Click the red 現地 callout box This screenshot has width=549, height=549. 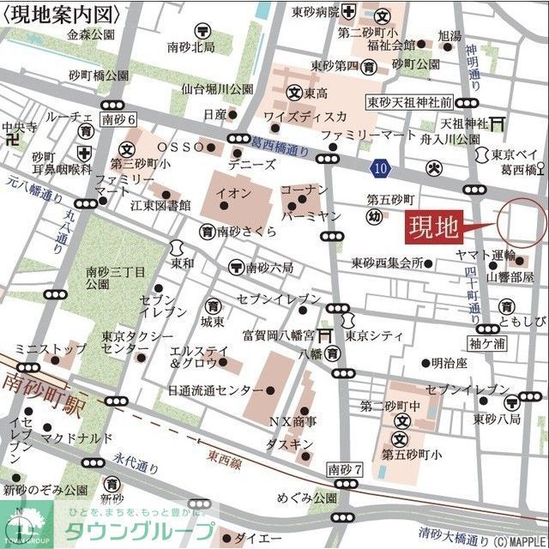point(434,228)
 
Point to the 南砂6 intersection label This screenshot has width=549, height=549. point(118,120)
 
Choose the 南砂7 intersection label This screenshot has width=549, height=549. point(347,469)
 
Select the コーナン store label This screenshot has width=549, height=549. point(305,189)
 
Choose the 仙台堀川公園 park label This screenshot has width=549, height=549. point(217,88)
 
